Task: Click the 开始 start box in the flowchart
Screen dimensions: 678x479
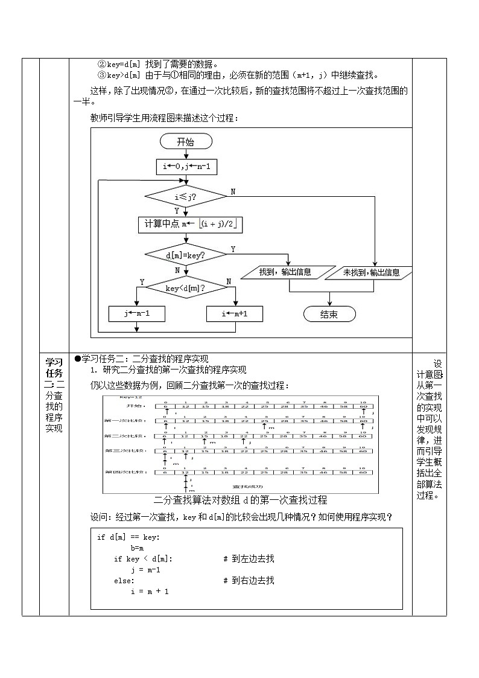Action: tap(186, 142)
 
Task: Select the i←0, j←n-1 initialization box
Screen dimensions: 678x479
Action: tap(186, 166)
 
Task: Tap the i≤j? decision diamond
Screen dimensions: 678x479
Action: tap(186, 197)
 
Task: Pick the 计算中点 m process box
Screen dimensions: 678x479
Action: tap(190, 225)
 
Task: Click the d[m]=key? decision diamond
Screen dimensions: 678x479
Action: tap(186, 255)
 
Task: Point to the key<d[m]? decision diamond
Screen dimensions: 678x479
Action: tap(185, 289)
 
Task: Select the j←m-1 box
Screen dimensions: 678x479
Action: tap(137, 314)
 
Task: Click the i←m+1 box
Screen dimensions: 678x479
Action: tap(235, 314)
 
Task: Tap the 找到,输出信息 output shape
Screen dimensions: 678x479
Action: tap(285, 272)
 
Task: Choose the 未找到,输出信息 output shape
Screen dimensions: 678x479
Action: tap(371, 272)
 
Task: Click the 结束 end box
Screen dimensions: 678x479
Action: tap(329, 314)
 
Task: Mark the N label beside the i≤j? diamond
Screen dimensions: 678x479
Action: tap(233, 191)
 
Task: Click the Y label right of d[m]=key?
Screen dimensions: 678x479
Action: tap(233, 249)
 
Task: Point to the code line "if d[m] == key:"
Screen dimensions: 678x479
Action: tap(129, 537)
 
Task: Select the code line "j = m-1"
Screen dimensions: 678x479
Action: tap(145, 569)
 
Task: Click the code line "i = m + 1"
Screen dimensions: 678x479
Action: tap(150, 591)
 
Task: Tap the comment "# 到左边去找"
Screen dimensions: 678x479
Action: tap(249, 558)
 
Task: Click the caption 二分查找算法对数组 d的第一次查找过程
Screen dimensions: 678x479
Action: tap(240, 500)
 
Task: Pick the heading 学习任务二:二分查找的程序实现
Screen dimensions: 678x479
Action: tap(145, 359)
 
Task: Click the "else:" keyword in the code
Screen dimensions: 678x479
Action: tap(125, 580)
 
